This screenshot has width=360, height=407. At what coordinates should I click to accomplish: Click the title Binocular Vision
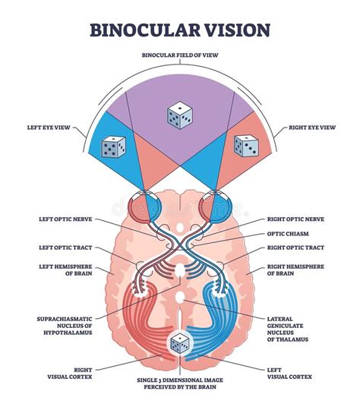click(x=180, y=30)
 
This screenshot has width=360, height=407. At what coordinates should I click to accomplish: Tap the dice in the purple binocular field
click(x=180, y=115)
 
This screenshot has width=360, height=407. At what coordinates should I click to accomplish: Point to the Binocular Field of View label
click(x=180, y=55)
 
